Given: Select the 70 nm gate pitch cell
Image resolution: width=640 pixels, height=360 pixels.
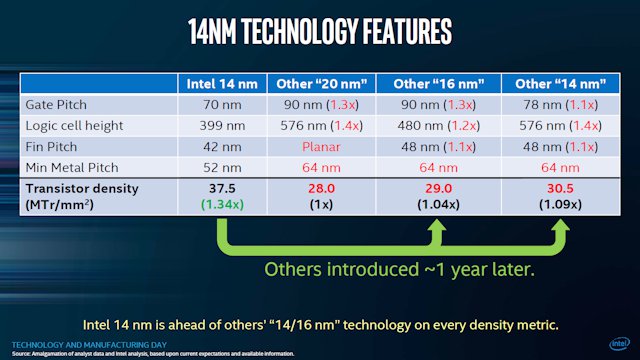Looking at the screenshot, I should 226,103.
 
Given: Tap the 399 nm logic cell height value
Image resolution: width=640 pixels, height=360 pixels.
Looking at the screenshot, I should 226,124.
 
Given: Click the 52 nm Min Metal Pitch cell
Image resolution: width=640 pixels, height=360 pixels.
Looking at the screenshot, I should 226,166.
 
